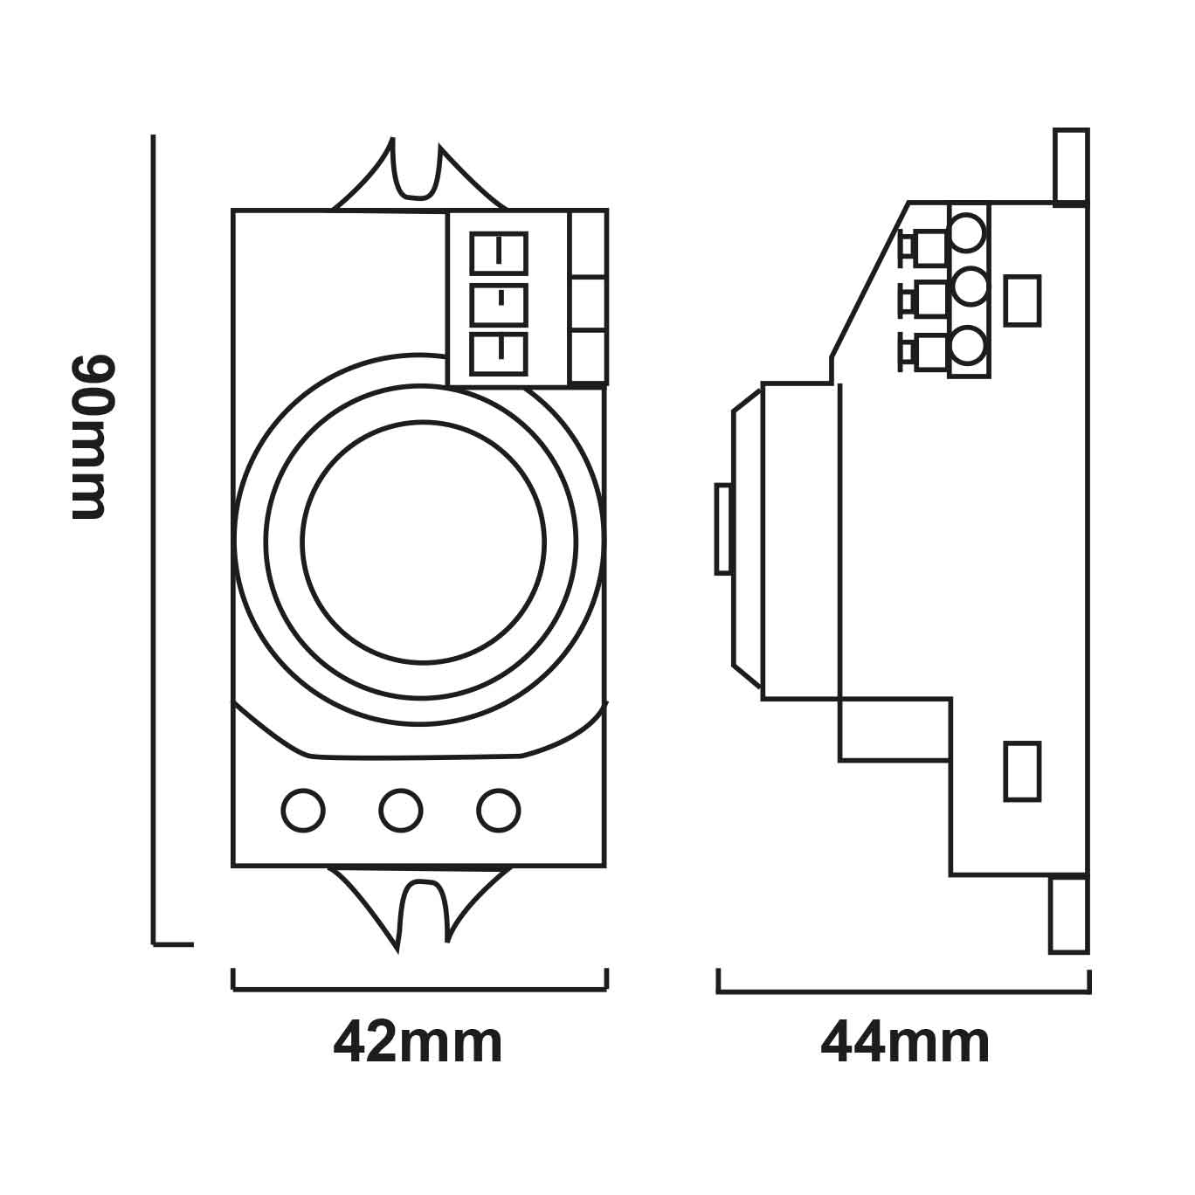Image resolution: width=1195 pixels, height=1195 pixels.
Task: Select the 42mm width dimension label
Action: tap(418, 1042)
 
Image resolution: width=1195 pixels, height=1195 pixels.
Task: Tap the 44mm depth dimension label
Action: tap(905, 1042)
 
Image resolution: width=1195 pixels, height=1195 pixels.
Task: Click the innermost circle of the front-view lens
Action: tap(424, 542)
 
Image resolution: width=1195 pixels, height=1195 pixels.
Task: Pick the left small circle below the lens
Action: tap(303, 811)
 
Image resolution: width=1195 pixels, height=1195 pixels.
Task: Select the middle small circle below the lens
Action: tap(401, 811)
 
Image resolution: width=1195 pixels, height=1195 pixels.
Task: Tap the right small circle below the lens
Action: tap(499, 811)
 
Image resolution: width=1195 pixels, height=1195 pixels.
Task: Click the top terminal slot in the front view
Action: tap(500, 252)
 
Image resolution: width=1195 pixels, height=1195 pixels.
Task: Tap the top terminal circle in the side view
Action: tap(968, 232)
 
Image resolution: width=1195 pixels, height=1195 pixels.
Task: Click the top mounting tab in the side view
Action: tap(1071, 166)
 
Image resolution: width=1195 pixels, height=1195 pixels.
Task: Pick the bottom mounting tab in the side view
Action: tap(1069, 914)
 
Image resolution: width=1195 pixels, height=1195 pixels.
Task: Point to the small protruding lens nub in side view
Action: tap(723, 528)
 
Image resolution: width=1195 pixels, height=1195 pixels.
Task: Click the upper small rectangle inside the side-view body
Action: tap(1022, 300)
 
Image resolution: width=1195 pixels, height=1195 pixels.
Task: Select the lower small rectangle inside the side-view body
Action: tap(1022, 770)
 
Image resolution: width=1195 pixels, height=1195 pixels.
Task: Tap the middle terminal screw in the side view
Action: tap(924, 300)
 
